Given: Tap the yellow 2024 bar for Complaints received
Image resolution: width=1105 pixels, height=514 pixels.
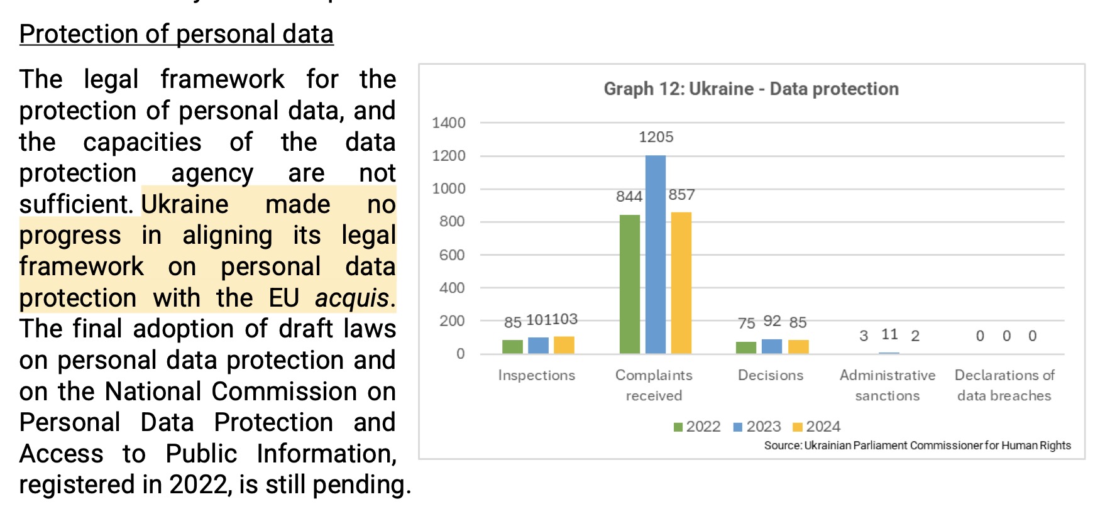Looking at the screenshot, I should pyautogui.click(x=681, y=283).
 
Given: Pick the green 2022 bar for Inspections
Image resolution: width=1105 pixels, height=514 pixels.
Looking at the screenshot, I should pyautogui.click(x=512, y=346).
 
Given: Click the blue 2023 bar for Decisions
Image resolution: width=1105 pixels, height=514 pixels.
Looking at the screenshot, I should pyautogui.click(x=771, y=346).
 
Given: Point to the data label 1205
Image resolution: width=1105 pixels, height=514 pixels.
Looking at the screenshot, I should pyautogui.click(x=656, y=137).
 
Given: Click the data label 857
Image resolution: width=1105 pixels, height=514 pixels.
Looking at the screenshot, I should pyautogui.click(x=681, y=195).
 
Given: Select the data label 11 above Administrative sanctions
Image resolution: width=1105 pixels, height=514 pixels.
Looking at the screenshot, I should pyautogui.click(x=889, y=334).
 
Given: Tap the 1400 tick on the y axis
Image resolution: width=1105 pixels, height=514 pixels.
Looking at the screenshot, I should pyautogui.click(x=448, y=123).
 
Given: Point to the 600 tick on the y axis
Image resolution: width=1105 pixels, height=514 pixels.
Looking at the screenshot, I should pyautogui.click(x=452, y=255).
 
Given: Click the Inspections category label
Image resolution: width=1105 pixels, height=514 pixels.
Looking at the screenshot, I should pyautogui.click(x=536, y=375).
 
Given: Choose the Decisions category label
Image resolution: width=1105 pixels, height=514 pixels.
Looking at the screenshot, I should pyautogui.click(x=771, y=375).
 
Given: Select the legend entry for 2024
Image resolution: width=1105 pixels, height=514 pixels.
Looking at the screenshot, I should pyautogui.click(x=816, y=427).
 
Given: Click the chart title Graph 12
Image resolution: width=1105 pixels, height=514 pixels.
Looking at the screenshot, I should pyautogui.click(x=750, y=89).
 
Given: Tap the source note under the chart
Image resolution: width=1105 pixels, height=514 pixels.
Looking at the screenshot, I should pyautogui.click(x=917, y=446).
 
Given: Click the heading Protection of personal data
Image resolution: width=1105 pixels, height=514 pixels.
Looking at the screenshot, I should pyautogui.click(x=176, y=34).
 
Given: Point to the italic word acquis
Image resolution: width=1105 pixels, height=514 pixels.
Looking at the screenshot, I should pyautogui.click(x=352, y=298).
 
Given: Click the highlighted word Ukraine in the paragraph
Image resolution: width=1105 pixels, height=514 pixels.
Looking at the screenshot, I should pyautogui.click(x=185, y=204).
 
